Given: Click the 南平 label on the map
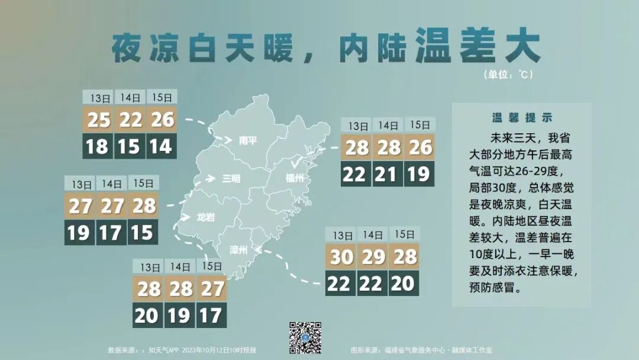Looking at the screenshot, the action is click(248, 141).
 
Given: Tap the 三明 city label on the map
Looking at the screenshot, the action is click(231, 178).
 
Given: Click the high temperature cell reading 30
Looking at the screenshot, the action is click(341, 257).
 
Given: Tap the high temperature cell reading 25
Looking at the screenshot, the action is click(99, 120).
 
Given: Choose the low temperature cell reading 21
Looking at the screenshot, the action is click(388, 174).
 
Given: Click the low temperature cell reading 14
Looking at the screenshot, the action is click(161, 146).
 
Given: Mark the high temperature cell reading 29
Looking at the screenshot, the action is click(372, 257).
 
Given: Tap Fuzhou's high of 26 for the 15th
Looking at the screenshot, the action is click(419, 147).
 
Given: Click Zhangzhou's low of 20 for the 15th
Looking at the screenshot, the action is click(404, 284).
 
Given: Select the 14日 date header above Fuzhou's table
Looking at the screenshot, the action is click(388, 126).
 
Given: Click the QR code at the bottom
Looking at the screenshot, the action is click(305, 338).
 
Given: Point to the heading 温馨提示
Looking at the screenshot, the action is click(522, 118).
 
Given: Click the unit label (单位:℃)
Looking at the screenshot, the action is click(508, 75).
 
